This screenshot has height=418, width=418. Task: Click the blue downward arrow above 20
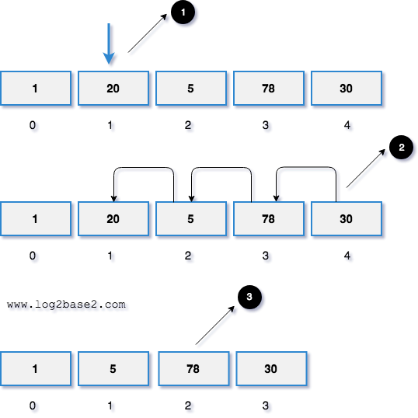tap(109, 44)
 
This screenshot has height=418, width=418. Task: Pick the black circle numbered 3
tap(247, 297)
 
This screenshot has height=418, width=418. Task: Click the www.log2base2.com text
tap(66, 305)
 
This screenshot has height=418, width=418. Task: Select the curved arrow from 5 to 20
tap(143, 169)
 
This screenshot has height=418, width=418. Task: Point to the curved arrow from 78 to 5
tap(221, 169)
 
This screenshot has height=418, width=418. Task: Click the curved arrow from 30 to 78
tap(306, 169)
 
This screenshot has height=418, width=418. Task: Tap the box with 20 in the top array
tap(113, 89)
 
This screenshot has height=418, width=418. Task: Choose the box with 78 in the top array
tap(268, 89)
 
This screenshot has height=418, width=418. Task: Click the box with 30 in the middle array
tap(346, 219)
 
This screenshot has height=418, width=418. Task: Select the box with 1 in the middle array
tap(35, 219)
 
